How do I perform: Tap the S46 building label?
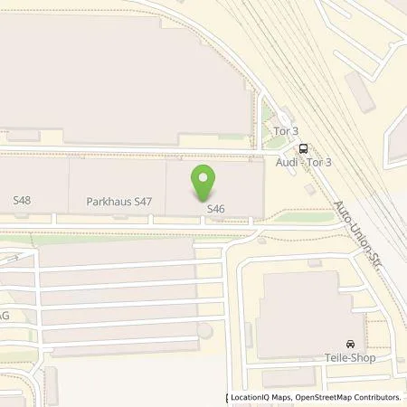tap(214, 209)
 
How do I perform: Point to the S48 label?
tap(22, 198)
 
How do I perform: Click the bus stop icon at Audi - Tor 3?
tap(303, 148)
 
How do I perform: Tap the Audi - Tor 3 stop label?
tap(303, 162)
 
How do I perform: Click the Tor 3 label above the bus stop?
tap(285, 130)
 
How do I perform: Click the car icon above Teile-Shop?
tap(350, 345)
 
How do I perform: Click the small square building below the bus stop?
tap(311, 188)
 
